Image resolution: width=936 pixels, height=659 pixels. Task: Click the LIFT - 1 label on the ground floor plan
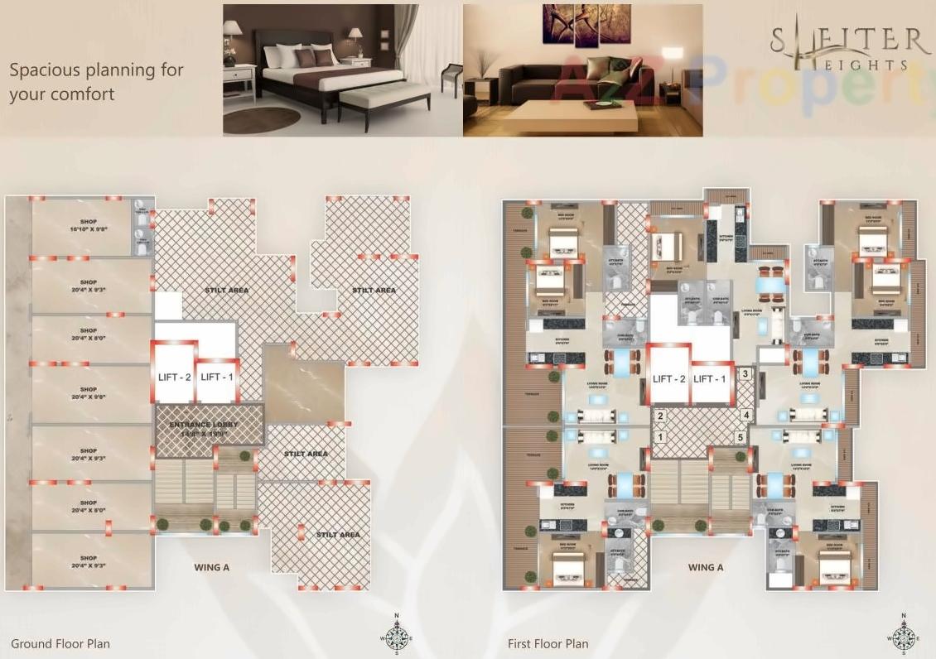[x=217, y=377]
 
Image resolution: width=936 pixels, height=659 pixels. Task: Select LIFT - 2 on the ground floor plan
[x=174, y=377]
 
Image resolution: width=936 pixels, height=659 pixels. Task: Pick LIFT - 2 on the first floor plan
[x=669, y=378]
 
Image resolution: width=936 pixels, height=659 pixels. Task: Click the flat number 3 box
[x=745, y=374]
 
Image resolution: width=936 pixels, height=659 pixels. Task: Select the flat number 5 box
[x=740, y=437]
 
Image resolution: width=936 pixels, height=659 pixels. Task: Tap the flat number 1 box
[x=660, y=437]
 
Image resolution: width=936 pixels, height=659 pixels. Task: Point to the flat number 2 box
[x=660, y=416]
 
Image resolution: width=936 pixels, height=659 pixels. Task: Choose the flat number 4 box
[x=745, y=416]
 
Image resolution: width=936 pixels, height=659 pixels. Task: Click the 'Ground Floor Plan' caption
[x=60, y=643]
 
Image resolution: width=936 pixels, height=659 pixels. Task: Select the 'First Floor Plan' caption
[x=548, y=643]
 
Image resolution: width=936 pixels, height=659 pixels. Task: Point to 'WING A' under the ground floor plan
[x=211, y=567]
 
